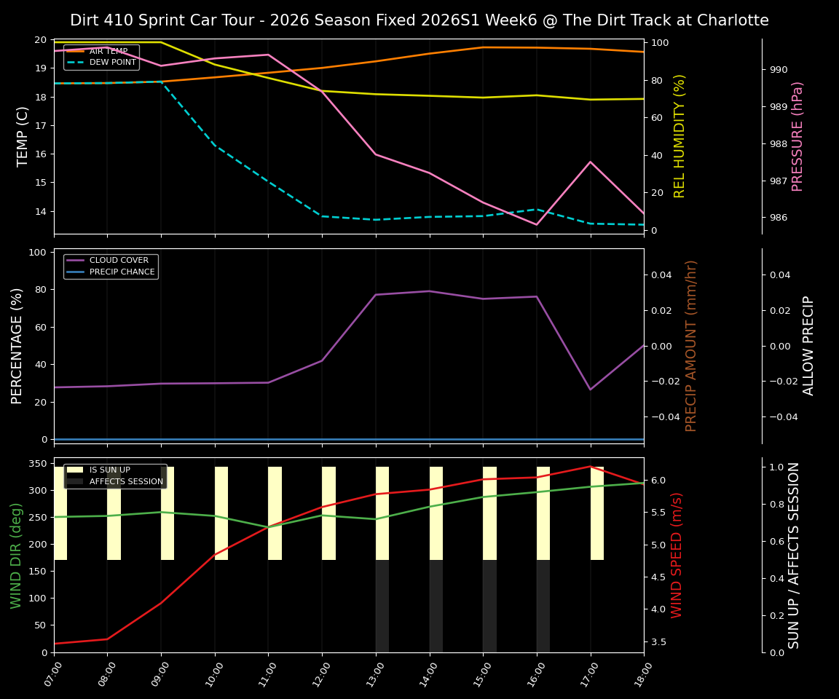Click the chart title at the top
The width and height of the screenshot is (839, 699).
click(419, 20)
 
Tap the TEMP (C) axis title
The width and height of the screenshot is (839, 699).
click(23, 136)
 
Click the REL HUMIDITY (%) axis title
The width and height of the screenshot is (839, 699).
click(680, 136)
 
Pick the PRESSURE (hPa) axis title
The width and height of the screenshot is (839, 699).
click(797, 136)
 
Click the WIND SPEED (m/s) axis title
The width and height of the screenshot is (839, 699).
click(677, 555)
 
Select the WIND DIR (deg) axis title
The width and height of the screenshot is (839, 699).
click(16, 555)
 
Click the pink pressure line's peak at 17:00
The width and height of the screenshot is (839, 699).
click(591, 162)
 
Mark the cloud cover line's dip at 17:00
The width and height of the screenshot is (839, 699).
click(591, 390)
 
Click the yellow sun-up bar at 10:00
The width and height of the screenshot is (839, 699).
click(221, 513)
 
